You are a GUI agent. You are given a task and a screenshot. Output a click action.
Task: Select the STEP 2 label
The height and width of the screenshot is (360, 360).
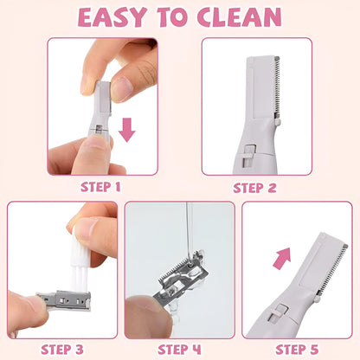pyautogui.click(x=257, y=185)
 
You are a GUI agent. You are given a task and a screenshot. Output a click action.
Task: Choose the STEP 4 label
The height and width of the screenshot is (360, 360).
pyautogui.click(x=180, y=349)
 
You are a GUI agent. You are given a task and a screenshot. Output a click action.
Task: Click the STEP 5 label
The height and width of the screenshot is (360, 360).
pyautogui.click(x=299, y=349)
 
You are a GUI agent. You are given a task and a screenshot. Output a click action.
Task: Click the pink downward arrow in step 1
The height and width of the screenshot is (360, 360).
pyautogui.click(x=127, y=130)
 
